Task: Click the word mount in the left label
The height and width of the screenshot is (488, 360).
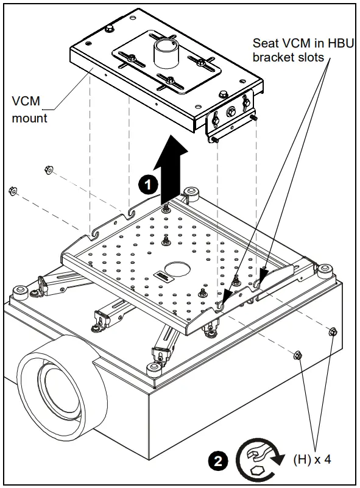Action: point(30,118)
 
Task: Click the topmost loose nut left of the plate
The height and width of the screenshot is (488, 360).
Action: point(48,169)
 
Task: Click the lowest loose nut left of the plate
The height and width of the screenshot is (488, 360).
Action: point(12,191)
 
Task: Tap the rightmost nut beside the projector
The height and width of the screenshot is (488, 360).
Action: point(333,332)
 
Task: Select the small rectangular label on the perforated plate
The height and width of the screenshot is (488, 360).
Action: point(161,277)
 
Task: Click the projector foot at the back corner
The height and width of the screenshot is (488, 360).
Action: point(194,194)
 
